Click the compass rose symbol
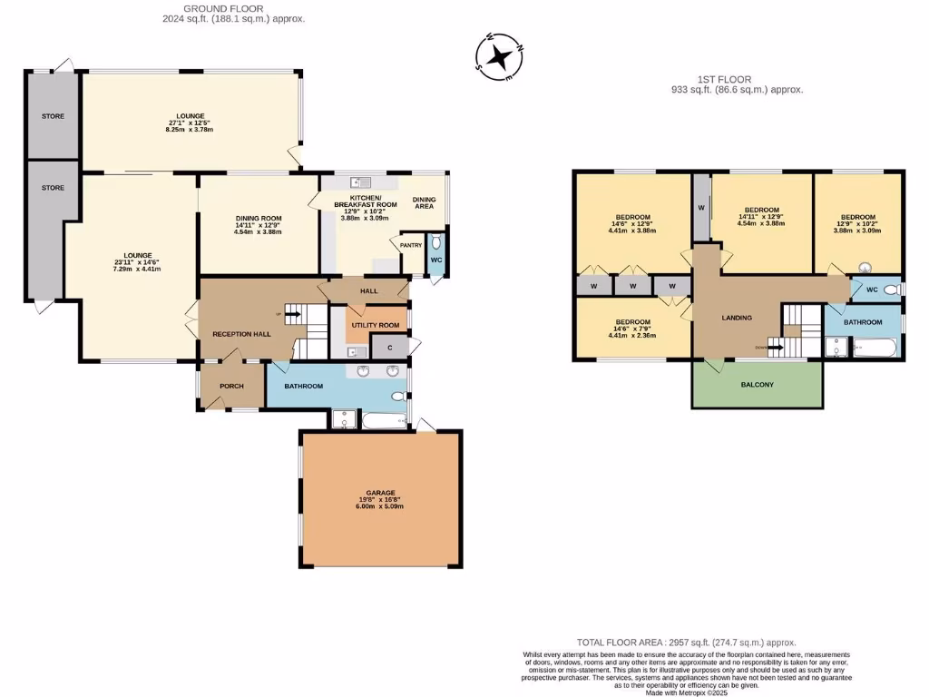(x=500, y=57)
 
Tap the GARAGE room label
(x=380, y=493)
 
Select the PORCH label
(x=231, y=386)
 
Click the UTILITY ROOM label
(x=376, y=325)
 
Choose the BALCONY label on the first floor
(x=757, y=385)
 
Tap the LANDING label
(x=736, y=318)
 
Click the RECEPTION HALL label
(x=241, y=334)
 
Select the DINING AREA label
(x=425, y=202)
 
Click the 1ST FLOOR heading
(x=736, y=80)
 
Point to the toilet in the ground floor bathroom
(x=397, y=398)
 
